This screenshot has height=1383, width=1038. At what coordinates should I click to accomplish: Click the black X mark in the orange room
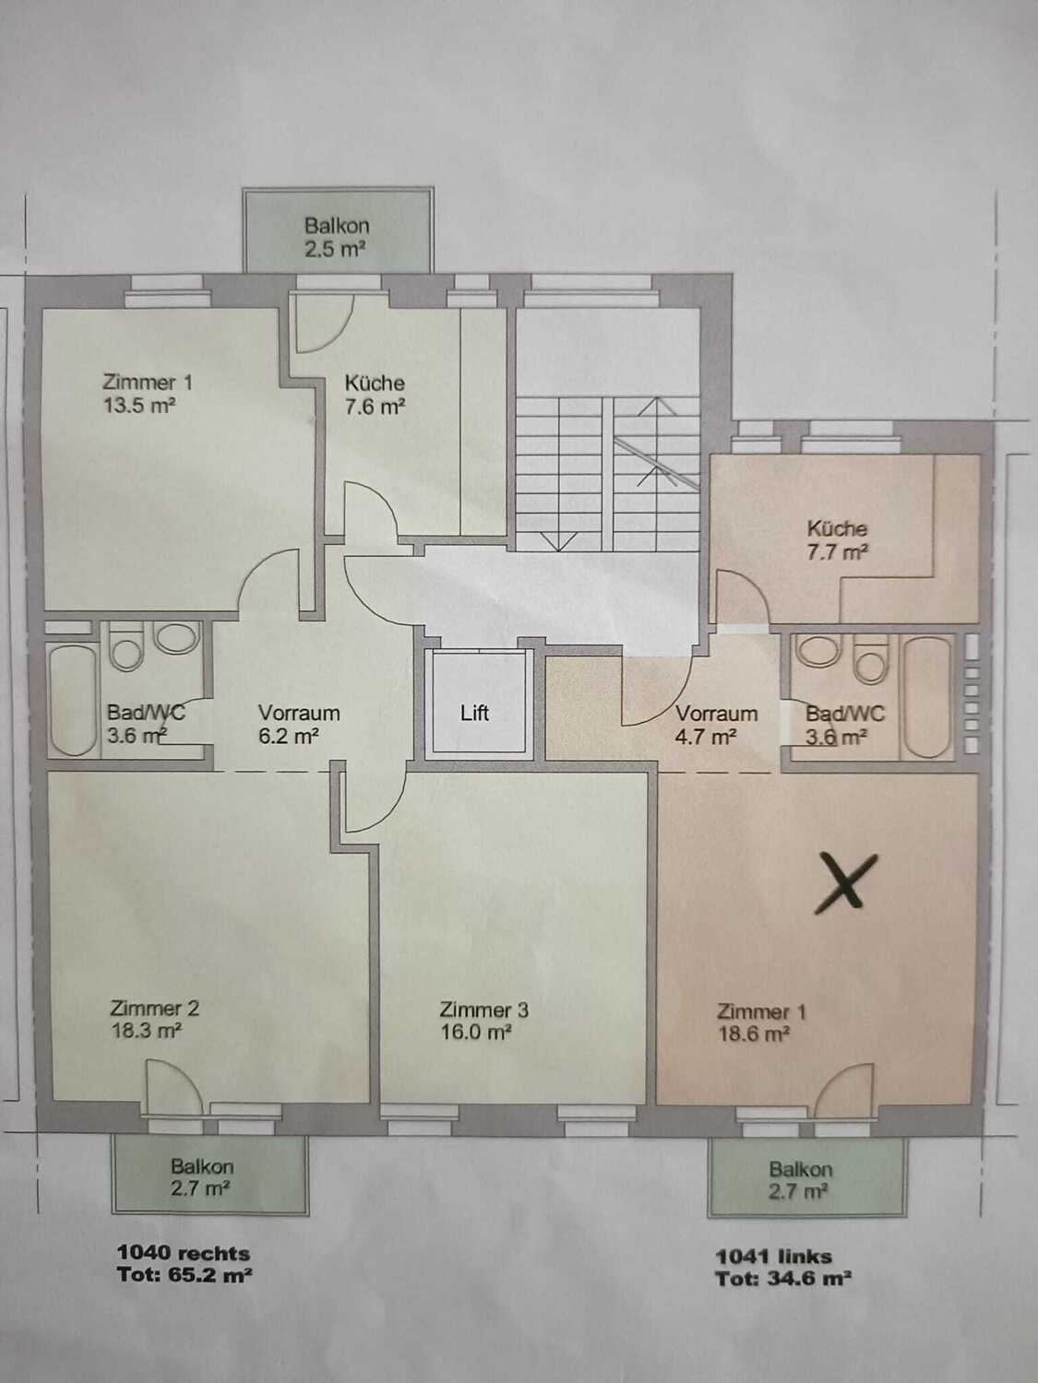click(844, 883)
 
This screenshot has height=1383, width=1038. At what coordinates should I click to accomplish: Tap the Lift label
click(474, 714)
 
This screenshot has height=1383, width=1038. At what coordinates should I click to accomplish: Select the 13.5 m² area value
click(139, 405)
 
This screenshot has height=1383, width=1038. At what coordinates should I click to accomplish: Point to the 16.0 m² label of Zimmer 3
click(475, 1034)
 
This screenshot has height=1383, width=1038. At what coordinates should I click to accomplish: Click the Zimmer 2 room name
click(154, 1008)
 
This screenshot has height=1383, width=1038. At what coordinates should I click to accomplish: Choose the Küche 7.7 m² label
click(838, 540)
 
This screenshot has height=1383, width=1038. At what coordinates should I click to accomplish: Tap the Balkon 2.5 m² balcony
click(338, 230)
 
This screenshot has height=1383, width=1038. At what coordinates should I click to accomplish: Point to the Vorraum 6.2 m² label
click(299, 725)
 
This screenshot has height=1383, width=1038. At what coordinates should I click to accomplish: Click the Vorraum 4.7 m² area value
click(706, 737)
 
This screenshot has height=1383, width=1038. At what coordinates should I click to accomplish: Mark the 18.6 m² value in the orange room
click(754, 1034)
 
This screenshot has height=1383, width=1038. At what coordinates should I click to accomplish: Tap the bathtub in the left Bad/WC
click(73, 700)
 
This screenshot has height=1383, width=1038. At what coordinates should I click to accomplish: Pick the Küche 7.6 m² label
click(375, 395)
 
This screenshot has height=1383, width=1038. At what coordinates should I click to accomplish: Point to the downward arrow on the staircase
click(558, 538)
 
